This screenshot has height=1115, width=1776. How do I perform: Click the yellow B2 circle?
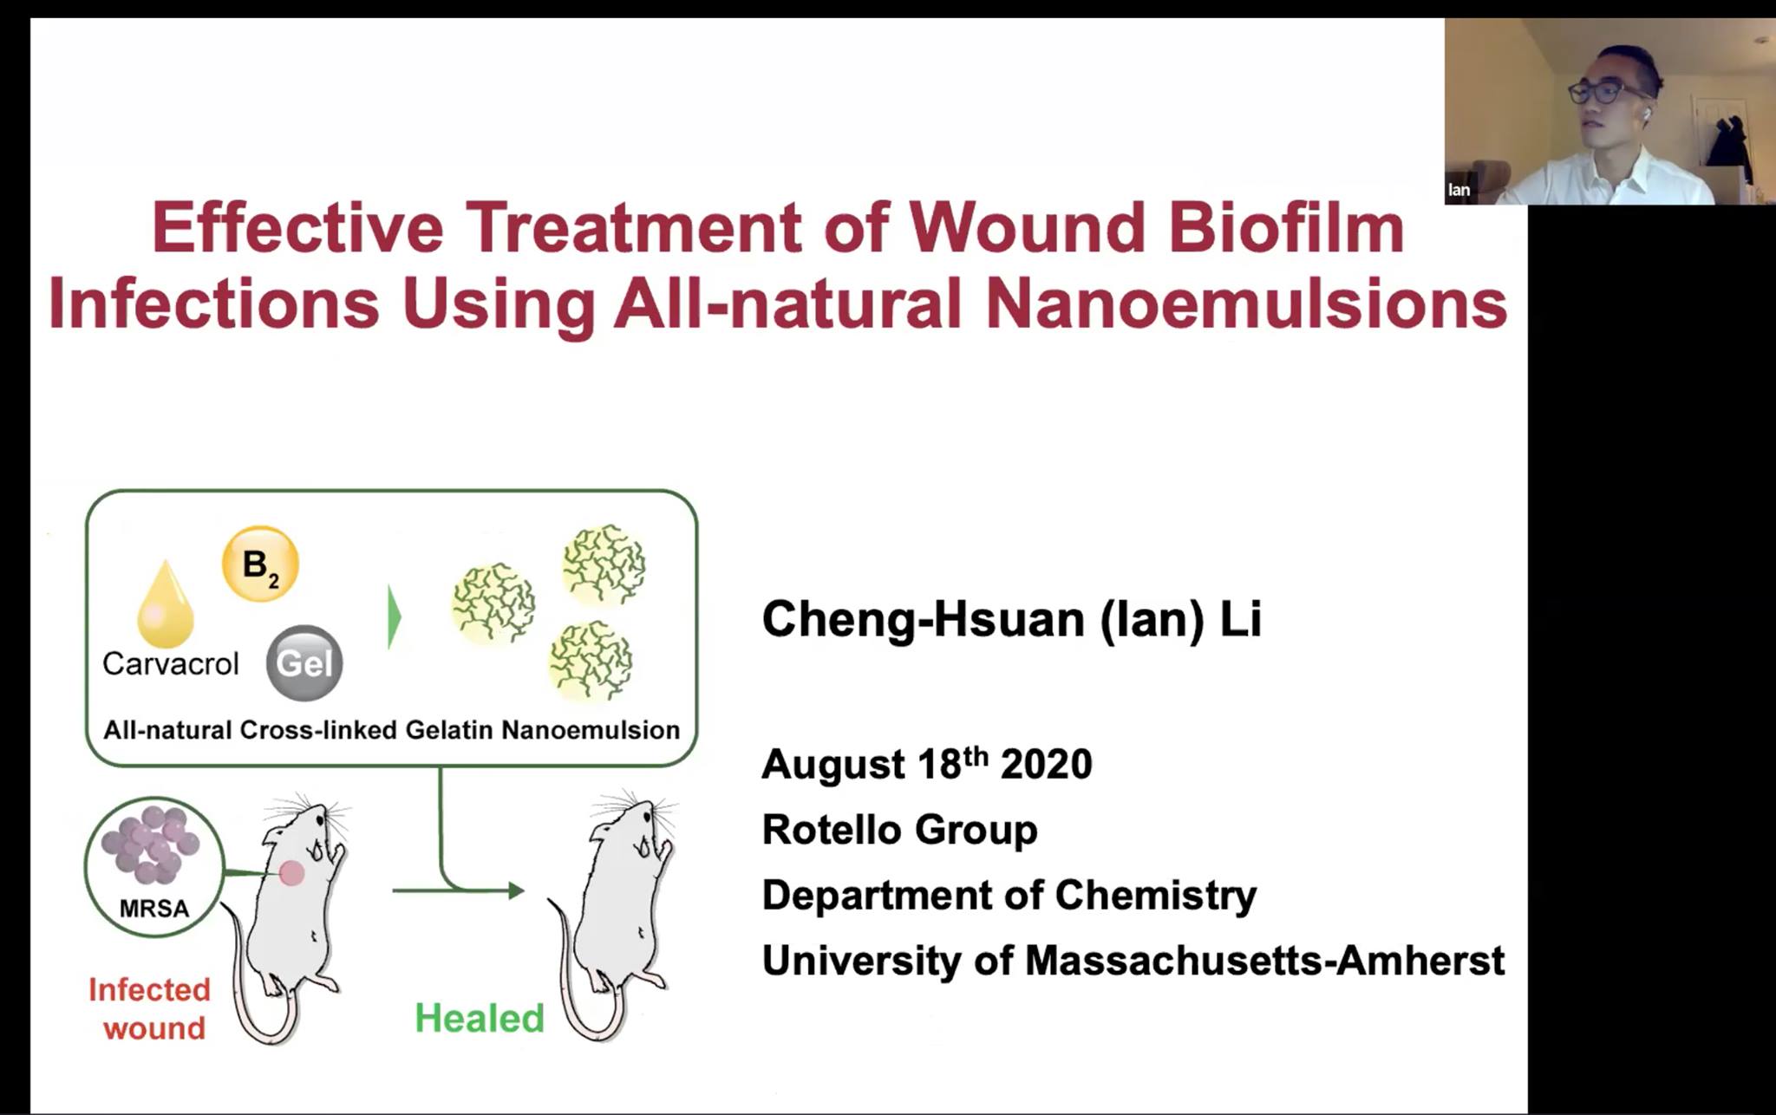[x=260, y=564]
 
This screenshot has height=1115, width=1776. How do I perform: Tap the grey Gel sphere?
[x=304, y=663]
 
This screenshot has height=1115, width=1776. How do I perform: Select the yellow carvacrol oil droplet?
[x=165, y=604]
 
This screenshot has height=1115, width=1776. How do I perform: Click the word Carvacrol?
[x=170, y=664]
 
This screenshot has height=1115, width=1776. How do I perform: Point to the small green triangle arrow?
[x=394, y=617]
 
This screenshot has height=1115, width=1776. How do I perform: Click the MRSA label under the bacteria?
[x=153, y=909]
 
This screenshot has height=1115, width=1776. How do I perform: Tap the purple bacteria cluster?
[x=151, y=844]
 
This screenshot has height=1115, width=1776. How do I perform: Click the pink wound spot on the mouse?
[x=291, y=873]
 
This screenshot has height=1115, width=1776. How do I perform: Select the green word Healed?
[x=479, y=1018]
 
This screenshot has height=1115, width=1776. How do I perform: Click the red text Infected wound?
[x=150, y=1008]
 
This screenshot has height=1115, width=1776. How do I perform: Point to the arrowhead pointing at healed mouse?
[x=517, y=890]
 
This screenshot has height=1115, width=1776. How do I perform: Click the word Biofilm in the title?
[x=1285, y=228]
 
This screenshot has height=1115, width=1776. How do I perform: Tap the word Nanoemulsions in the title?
[x=1246, y=303]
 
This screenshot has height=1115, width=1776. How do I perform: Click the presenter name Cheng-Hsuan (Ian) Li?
[x=1011, y=620]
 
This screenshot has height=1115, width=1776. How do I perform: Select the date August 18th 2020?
[x=926, y=764]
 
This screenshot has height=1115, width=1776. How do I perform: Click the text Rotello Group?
[x=899, y=830]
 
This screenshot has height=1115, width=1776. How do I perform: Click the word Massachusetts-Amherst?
[x=1264, y=961]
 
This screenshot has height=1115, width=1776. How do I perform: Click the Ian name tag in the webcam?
[x=1459, y=190]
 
